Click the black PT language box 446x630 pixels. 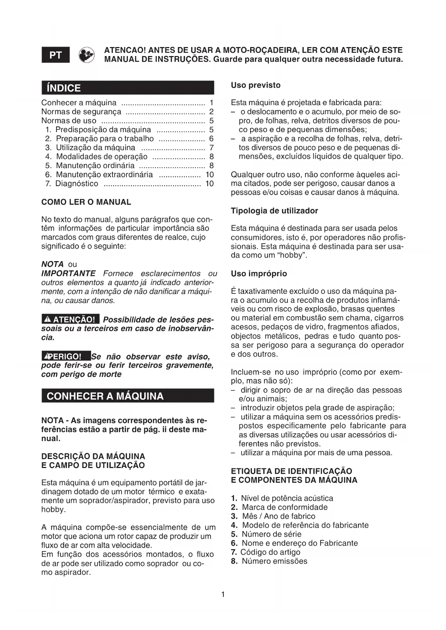click(x=56, y=55)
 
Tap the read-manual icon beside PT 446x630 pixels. click(x=87, y=55)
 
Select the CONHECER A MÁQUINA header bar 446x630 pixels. click(x=128, y=396)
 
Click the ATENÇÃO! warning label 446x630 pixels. click(x=70, y=319)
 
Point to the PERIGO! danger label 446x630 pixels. click(x=66, y=356)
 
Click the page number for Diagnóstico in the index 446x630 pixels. click(x=209, y=184)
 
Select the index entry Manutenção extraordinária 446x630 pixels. click(x=104, y=175)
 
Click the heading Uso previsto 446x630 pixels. click(x=256, y=85)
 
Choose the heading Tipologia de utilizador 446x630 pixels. click(x=274, y=210)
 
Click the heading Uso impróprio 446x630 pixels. click(x=259, y=273)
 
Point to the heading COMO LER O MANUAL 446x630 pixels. click(x=86, y=202)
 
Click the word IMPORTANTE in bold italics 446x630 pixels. click(x=68, y=273)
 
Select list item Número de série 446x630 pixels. click(x=271, y=534)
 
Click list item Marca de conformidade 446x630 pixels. click(x=285, y=507)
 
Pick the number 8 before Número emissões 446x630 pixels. click(x=234, y=561)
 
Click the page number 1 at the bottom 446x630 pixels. click(x=223, y=594)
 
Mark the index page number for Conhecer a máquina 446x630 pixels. click(x=211, y=103)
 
